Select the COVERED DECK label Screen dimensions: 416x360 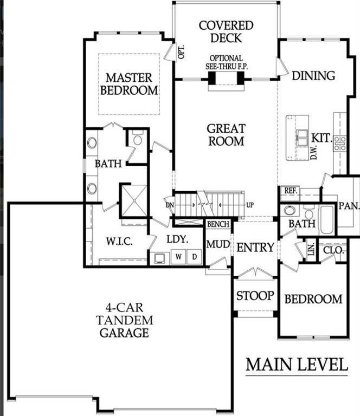click(226, 32)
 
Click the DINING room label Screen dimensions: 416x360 click(313, 75)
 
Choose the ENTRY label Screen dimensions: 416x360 click(255, 248)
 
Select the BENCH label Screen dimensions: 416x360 click(218, 224)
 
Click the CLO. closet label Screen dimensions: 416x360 click(331, 250)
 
